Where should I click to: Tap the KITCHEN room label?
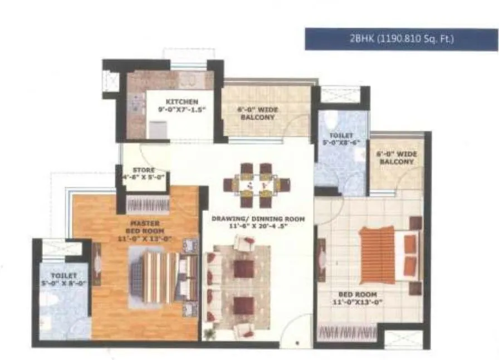point(182,102)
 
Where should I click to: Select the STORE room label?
point(144,170)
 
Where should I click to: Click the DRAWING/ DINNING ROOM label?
point(258,219)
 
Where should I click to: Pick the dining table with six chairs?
point(257,183)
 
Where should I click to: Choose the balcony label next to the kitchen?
point(258,114)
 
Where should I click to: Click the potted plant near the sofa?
point(209,334)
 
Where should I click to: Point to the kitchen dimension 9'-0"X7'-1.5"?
point(182,110)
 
